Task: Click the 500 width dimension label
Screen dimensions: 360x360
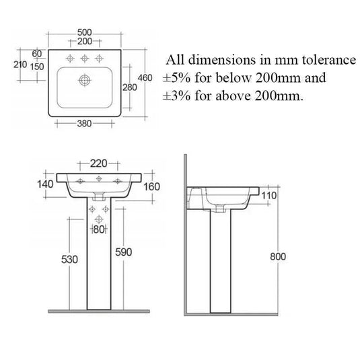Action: click(x=84, y=32)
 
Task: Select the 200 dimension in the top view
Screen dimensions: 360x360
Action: click(x=84, y=41)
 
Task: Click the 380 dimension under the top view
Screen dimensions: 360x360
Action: click(x=83, y=123)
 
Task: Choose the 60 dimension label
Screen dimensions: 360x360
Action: click(x=36, y=54)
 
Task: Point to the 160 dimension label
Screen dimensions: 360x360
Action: click(x=151, y=185)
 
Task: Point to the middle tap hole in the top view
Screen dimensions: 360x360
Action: click(x=84, y=57)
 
